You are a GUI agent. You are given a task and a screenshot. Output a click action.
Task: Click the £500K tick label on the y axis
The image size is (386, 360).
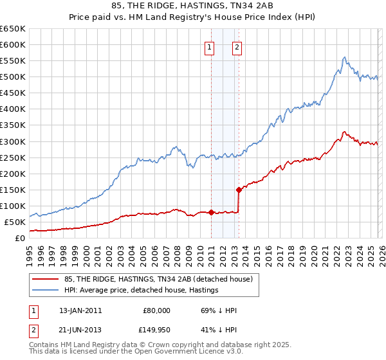(x=13, y=77)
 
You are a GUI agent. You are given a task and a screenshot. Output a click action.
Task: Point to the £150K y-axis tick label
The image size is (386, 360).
(x=13, y=190)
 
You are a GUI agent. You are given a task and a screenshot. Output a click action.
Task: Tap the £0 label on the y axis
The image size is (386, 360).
(x=20, y=238)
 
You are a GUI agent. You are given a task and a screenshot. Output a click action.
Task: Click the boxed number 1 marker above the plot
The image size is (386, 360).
(x=210, y=46)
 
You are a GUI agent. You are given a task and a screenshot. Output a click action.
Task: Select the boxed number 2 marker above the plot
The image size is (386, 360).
(x=237, y=46)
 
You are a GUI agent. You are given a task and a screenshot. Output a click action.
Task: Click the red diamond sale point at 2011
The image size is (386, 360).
(x=211, y=212)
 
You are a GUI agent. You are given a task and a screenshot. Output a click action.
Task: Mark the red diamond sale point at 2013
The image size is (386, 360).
(x=239, y=190)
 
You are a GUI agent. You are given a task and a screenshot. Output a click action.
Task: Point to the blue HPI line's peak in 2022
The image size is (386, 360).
(x=345, y=57)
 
